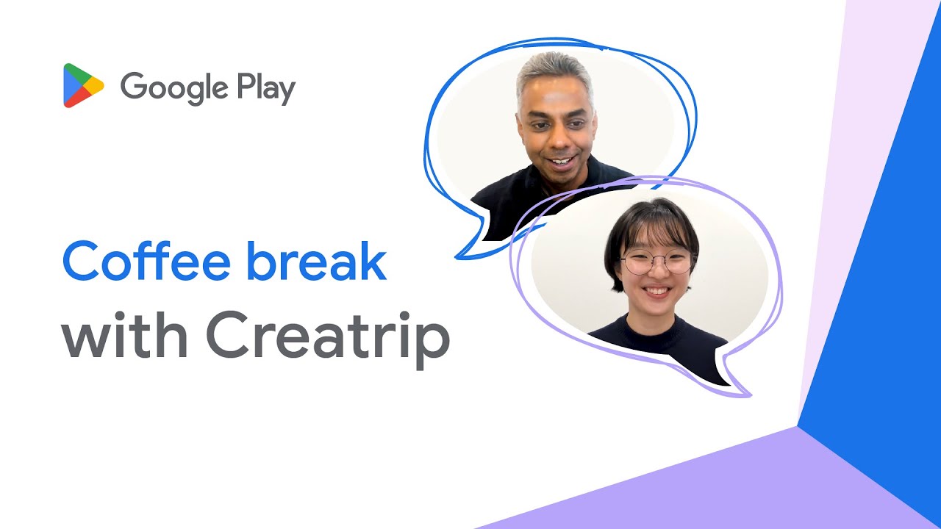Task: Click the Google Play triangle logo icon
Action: pyautogui.click(x=82, y=86)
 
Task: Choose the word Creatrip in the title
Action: pyautogui.click(x=328, y=338)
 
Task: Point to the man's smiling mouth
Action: pyautogui.click(x=560, y=160)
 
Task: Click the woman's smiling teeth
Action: pyautogui.click(x=657, y=291)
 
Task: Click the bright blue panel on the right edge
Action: pyautogui.click(x=882, y=294)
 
